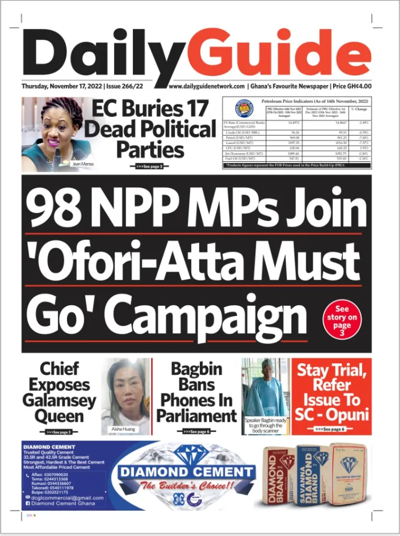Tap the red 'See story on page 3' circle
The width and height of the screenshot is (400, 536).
click(342, 317)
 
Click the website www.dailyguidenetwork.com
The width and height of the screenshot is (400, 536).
click(207, 86)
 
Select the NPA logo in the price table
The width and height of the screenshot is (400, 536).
click(244, 108)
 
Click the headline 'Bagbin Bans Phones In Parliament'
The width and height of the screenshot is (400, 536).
click(196, 393)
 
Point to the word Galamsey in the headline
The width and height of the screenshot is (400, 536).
click(59, 400)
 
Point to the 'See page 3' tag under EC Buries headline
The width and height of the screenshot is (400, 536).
click(150, 166)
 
